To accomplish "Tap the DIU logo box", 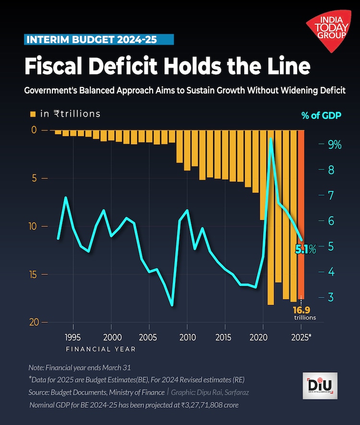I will point(320,386).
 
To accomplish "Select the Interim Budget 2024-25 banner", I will point(98,39).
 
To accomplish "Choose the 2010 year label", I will point(187,337).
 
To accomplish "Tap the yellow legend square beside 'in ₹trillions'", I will point(33,114).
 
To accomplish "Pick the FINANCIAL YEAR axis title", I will point(101,349).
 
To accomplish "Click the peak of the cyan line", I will point(271,139).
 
